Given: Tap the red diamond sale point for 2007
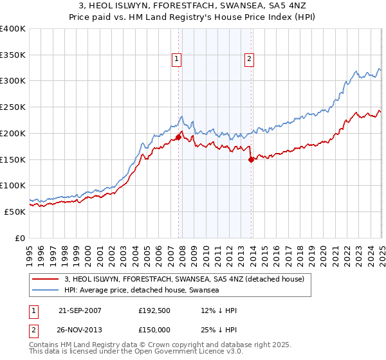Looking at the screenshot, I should pos(178,136).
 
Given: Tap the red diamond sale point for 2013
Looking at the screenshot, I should pos(251,160).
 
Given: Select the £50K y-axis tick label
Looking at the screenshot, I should pos(15,212).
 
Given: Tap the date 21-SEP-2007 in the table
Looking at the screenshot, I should pos(80,311).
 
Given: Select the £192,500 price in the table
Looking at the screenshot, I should pos(154,311).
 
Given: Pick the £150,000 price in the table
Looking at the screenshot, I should pos(154,329).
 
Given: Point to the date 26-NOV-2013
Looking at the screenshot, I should pos(80,329).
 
